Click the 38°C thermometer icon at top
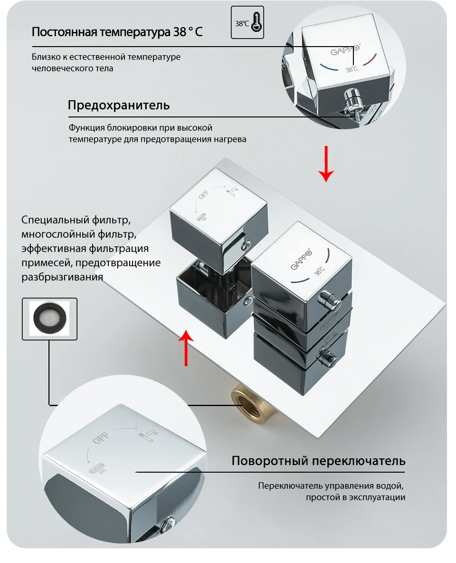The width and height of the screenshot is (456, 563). (x=247, y=22)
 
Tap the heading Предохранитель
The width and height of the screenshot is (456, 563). (x=118, y=105)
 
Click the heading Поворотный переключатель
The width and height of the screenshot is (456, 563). (x=318, y=461)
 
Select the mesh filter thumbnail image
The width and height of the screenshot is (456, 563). (x=49, y=319)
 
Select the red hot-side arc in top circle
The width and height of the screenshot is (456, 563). (x=370, y=59)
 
